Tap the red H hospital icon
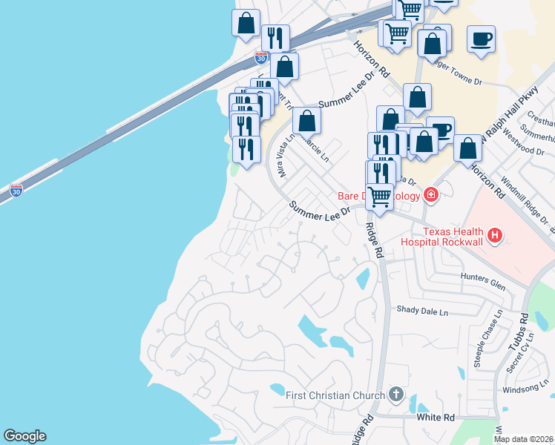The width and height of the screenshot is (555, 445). point(495,237)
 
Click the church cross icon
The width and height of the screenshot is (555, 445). point(396,395)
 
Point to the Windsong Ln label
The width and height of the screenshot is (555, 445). point(524,388)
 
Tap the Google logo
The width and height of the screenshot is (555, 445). point(24,436)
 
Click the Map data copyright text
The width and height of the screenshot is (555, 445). point(523,439)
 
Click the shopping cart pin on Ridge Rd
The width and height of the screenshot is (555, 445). point(380,197)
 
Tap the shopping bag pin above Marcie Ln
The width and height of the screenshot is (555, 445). point(306,120)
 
